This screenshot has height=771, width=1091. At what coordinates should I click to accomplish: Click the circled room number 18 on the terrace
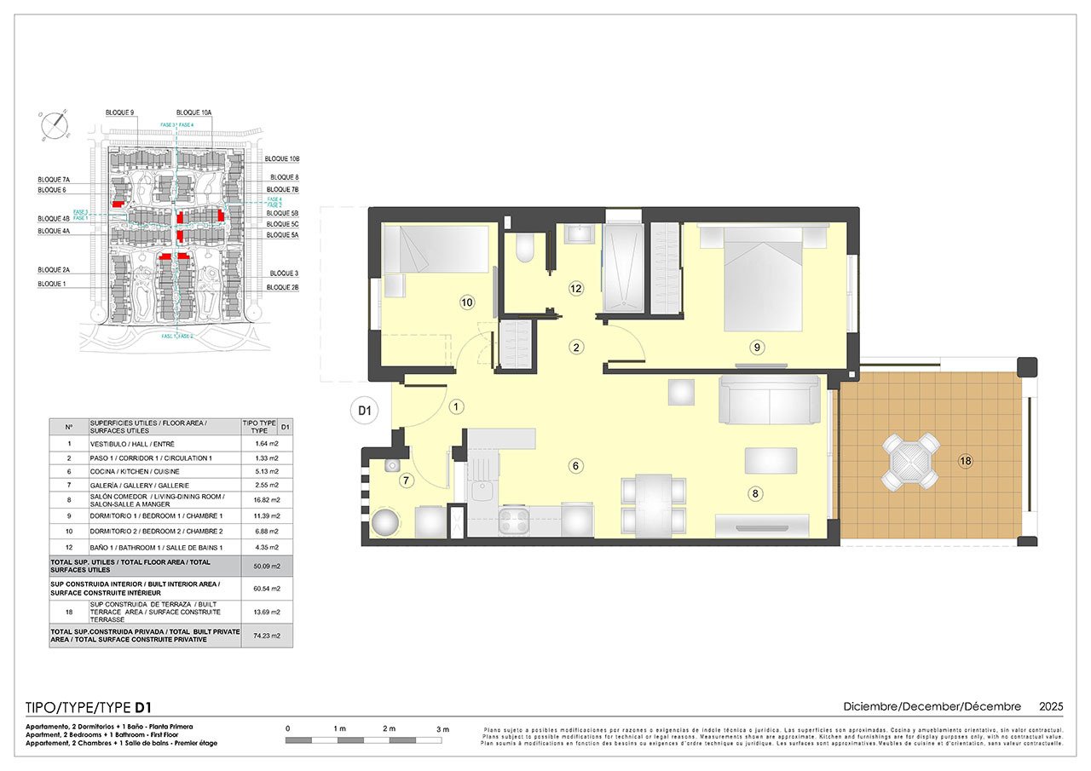[x=965, y=461]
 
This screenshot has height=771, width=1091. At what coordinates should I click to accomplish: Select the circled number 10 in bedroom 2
[x=466, y=302]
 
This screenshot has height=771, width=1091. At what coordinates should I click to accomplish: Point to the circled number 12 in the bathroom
[x=576, y=289]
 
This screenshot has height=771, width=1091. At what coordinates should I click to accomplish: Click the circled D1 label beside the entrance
[x=365, y=411]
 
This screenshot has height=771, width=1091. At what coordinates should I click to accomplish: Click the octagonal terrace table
[x=911, y=461]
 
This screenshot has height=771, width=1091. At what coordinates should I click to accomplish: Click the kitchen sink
[x=480, y=492]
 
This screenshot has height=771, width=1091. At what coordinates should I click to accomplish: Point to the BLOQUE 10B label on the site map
[x=282, y=159]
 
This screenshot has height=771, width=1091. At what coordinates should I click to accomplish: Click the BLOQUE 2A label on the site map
[x=53, y=269]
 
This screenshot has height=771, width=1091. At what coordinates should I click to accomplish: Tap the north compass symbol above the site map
[x=55, y=124]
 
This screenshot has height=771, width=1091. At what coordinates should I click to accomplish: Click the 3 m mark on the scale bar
[x=442, y=729]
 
